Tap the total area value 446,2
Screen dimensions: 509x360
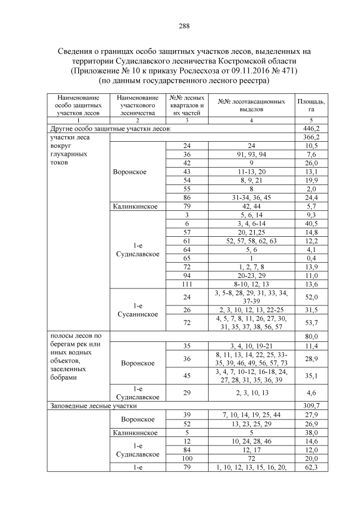pyautogui.click(x=310, y=129)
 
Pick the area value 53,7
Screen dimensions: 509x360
pyautogui.click(x=310, y=322)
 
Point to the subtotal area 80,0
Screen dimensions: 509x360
pyautogui.click(x=310, y=337)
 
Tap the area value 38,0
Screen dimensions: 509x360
pyautogui.click(x=310, y=433)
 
